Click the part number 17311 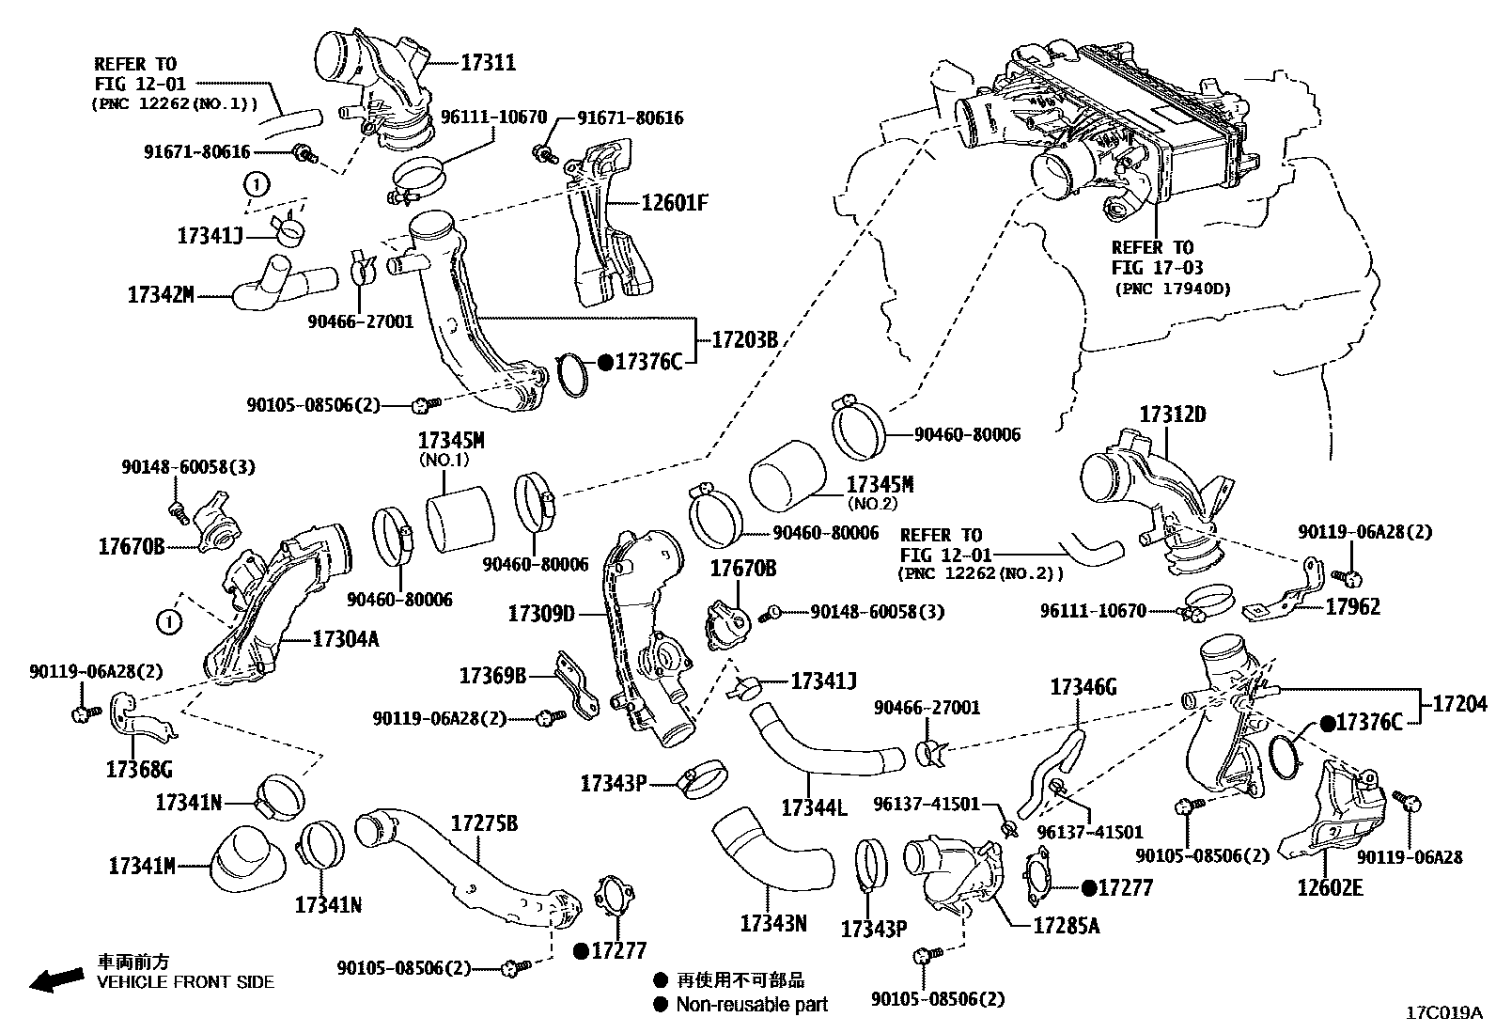(488, 63)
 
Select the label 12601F (674, 201)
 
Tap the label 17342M (161, 295)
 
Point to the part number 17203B (744, 340)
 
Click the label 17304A (345, 640)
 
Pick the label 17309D (541, 615)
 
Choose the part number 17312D (1173, 415)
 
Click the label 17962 (1353, 607)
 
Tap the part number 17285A (1066, 926)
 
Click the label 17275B (484, 823)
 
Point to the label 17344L (814, 806)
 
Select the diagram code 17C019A (1443, 1013)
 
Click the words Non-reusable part (752, 1004)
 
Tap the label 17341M (142, 865)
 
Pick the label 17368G (139, 770)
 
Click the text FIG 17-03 (1157, 268)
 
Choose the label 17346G (1083, 688)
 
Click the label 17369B (492, 676)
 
